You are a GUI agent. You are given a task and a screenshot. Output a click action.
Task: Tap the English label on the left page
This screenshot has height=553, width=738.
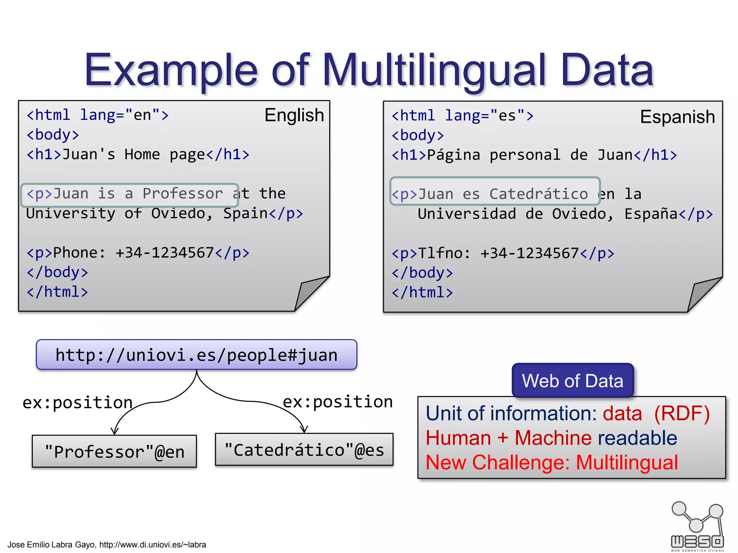tap(294, 115)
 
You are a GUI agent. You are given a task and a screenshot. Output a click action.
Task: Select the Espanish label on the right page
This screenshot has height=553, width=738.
tap(677, 117)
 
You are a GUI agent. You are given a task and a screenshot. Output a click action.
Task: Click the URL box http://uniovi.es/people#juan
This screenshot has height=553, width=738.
tap(197, 355)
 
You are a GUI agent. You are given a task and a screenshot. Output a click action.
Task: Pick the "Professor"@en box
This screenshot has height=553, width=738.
tap(114, 451)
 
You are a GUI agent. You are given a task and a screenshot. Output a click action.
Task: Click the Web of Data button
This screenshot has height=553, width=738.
tap(573, 381)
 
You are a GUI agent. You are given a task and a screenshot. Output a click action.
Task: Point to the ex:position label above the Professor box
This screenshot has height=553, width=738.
tap(77, 403)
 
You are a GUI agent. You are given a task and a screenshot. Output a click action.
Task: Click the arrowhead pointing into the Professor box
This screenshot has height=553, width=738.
tap(115, 431)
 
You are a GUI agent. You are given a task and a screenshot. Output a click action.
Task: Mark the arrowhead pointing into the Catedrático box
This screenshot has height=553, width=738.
tap(304, 429)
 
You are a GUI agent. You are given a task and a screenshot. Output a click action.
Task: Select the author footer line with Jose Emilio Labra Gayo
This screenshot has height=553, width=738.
tap(107, 544)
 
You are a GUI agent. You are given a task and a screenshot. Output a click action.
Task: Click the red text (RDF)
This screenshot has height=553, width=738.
tap(681, 413)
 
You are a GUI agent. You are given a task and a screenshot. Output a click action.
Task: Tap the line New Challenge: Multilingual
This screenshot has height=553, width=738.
tap(552, 463)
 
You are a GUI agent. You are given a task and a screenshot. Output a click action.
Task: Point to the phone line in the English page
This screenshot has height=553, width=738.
tap(138, 253)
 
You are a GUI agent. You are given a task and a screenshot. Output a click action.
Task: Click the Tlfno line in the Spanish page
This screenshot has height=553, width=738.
tap(503, 253)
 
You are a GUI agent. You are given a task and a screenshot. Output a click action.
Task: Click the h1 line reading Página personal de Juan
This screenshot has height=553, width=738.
tap(534, 155)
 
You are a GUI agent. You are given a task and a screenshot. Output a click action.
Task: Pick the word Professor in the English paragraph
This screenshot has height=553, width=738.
tap(183, 194)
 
